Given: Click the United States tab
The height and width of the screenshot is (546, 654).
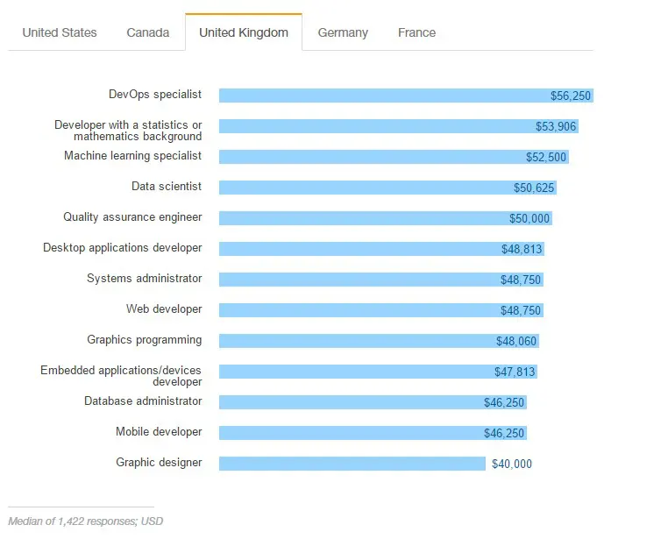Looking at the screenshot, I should [x=60, y=32].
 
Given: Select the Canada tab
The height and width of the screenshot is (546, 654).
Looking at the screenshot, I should [x=148, y=32].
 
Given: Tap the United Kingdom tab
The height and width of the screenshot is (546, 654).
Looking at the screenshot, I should [x=244, y=32].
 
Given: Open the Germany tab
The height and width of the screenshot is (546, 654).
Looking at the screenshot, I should [x=343, y=32].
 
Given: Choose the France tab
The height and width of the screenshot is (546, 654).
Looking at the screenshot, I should [x=416, y=32].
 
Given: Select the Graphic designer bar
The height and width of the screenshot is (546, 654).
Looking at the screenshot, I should [x=351, y=464].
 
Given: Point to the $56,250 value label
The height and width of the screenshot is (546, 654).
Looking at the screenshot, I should [x=571, y=96].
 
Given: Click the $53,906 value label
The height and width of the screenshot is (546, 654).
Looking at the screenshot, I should [x=556, y=126].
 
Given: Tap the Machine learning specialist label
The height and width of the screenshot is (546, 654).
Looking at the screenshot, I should [x=132, y=155].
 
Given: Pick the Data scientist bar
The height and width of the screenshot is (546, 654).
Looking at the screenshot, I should [x=368, y=188].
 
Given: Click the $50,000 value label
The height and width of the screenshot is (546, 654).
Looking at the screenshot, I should [x=530, y=218].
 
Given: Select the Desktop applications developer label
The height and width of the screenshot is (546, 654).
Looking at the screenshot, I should [x=123, y=248].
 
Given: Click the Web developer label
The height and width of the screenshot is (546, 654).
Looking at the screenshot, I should [x=164, y=309].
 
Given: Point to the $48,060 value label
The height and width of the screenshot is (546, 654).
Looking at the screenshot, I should [x=516, y=341].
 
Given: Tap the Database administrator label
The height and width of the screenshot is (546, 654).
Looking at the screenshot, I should [x=143, y=401].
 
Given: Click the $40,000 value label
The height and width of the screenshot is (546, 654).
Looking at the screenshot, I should [x=510, y=464].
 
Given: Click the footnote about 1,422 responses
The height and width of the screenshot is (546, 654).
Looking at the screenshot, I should [x=85, y=521].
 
